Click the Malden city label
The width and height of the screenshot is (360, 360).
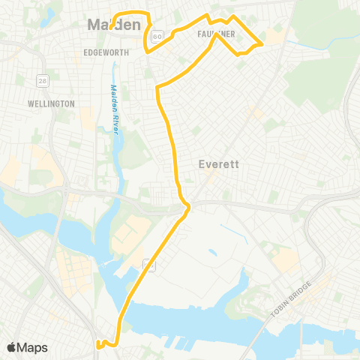[x=115, y=25]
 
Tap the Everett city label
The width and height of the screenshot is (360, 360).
[x=218, y=165]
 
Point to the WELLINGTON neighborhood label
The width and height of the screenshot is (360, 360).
[x=50, y=103]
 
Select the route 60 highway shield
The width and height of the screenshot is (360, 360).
[x=155, y=35]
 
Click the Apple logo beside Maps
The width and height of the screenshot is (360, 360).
[x=12, y=347]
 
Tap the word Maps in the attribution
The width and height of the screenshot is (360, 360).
[x=33, y=347]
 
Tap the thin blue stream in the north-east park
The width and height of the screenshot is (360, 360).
[x=300, y=45]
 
